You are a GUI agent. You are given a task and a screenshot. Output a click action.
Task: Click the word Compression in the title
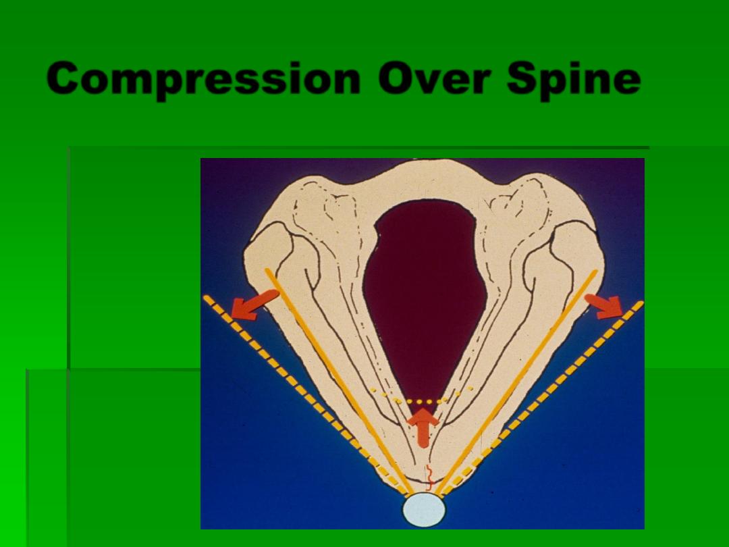pos(203,79)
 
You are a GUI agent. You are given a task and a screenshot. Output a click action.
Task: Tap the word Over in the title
pos(434,78)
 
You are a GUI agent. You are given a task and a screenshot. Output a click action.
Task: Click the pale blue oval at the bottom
pos(423,510)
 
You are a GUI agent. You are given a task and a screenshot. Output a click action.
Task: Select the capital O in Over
pos(396,78)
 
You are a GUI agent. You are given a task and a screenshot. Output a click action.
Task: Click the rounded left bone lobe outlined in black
pos(268,253)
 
